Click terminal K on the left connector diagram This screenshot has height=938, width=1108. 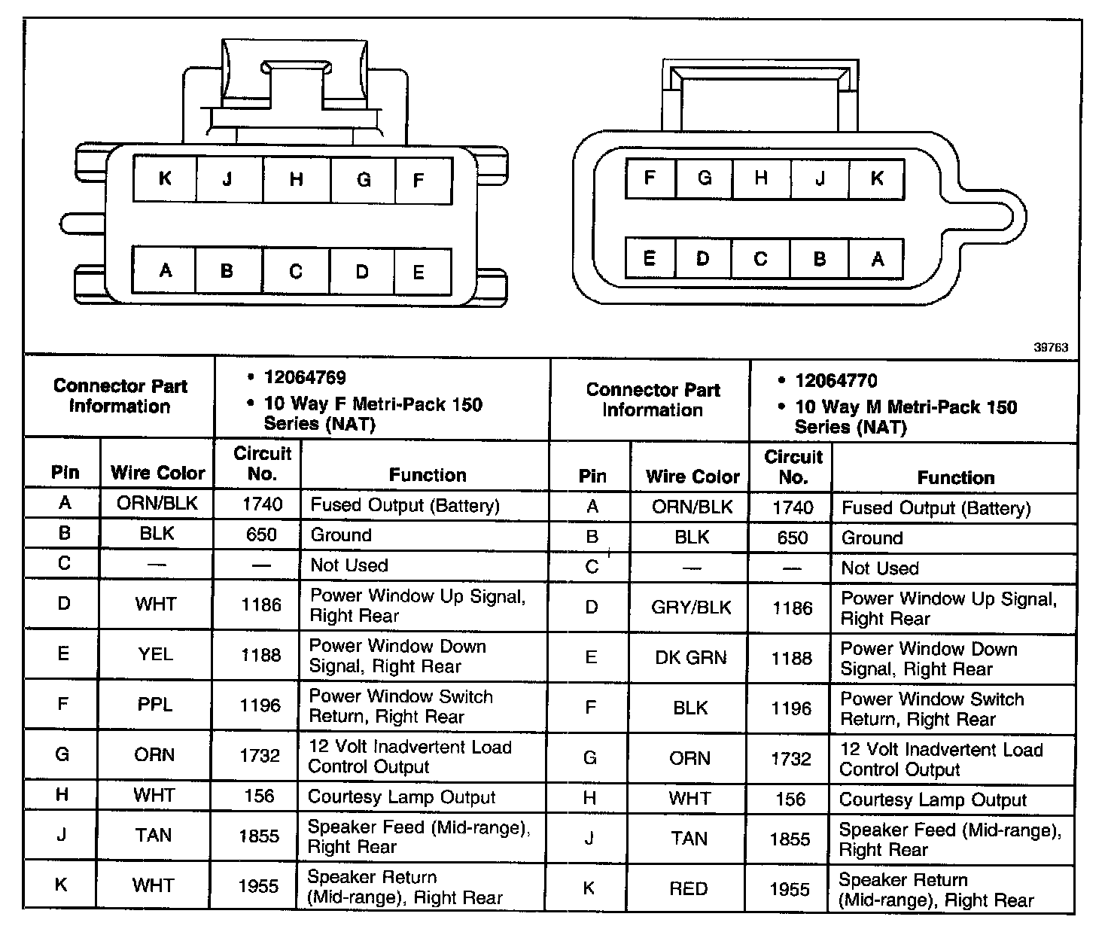pyautogui.click(x=165, y=178)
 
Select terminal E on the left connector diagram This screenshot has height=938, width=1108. pyautogui.click(x=419, y=272)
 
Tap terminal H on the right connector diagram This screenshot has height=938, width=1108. pyautogui.click(x=761, y=178)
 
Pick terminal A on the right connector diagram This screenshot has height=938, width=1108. pyautogui.click(x=877, y=259)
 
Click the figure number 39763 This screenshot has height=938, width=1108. pyautogui.click(x=1051, y=347)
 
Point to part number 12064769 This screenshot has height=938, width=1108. pyautogui.click(x=305, y=378)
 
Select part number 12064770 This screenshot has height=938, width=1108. pyautogui.click(x=836, y=381)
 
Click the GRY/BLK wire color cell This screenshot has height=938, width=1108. pyautogui.click(x=691, y=608)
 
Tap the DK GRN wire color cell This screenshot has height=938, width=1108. pyautogui.click(x=691, y=658)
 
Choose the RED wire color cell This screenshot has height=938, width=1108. pyautogui.click(x=689, y=889)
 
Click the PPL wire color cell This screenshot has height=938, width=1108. pyautogui.click(x=155, y=705)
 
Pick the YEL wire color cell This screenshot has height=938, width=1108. pyautogui.click(x=155, y=655)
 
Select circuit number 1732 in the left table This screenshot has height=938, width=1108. pyautogui.click(x=260, y=755)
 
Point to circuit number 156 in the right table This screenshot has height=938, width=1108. pyautogui.click(x=790, y=799)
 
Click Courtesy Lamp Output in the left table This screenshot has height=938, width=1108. pyautogui.click(x=401, y=796)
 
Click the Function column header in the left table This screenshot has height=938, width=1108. pyautogui.click(x=427, y=474)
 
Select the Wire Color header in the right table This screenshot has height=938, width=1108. pyautogui.click(x=692, y=477)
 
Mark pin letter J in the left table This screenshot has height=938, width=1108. pyautogui.click(x=62, y=836)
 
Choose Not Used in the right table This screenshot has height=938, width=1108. pyautogui.click(x=880, y=568)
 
